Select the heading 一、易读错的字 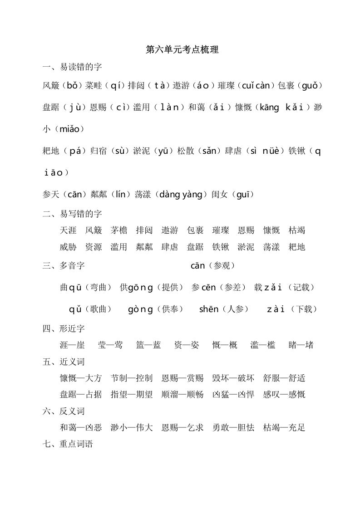72,67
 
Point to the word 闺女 220,195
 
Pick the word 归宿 99,152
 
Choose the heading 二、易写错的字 72,214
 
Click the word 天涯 68,230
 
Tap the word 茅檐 119,230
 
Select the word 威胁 68,247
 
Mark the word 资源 94,247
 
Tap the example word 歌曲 98,309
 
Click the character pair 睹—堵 301,345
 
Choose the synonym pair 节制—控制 132,378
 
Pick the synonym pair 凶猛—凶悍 233,394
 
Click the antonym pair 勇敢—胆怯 233,427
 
